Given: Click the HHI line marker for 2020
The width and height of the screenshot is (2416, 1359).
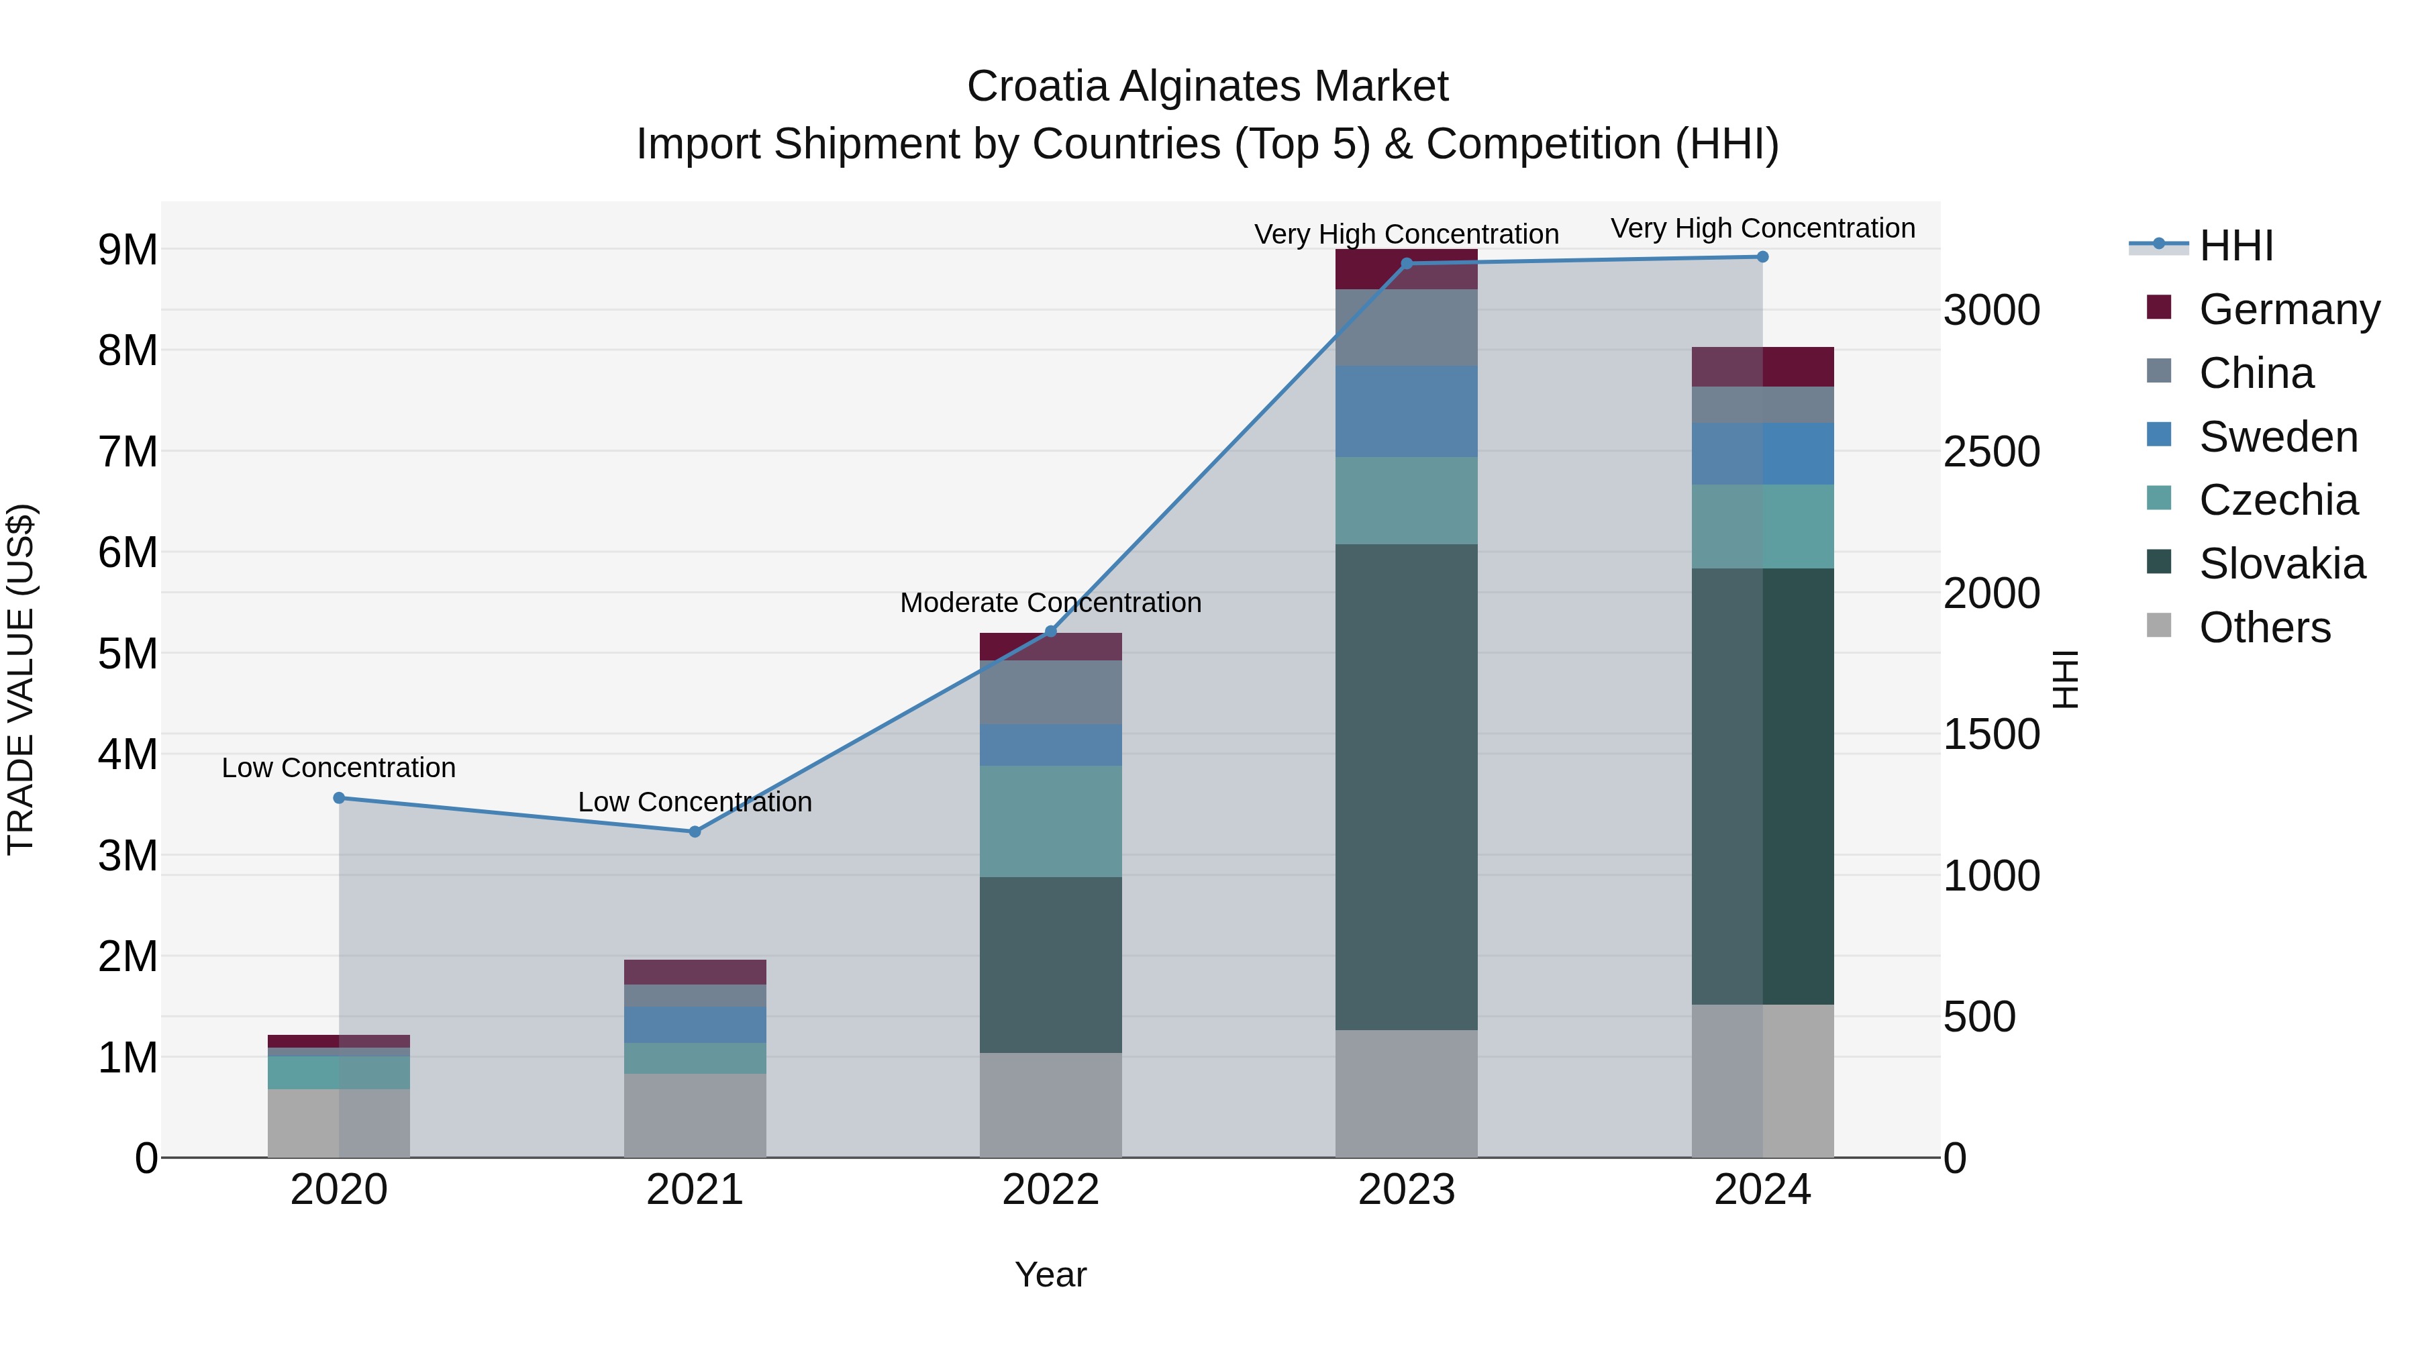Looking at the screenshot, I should tap(340, 798).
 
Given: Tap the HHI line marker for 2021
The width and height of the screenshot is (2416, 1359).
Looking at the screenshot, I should tap(695, 832).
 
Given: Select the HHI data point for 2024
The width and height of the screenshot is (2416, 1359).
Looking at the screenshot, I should tap(1762, 257).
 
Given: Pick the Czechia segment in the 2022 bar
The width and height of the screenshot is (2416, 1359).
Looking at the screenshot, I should tap(1050, 821).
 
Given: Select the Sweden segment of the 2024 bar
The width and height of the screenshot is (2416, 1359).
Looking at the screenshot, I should tap(1762, 453).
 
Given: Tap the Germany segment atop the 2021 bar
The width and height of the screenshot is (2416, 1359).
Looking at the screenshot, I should tap(695, 972).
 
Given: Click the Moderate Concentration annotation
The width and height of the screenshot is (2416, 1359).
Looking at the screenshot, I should tap(1050, 603).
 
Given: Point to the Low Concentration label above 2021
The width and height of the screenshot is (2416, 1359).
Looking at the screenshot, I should tap(695, 803).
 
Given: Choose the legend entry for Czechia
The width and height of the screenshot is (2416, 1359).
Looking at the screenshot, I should tap(2277, 500).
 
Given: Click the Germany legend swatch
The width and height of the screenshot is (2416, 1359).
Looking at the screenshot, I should tap(2158, 307).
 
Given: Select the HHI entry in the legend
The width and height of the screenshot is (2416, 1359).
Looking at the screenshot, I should tap(2236, 246).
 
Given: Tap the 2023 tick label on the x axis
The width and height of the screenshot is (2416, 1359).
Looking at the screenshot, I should tap(1406, 1190).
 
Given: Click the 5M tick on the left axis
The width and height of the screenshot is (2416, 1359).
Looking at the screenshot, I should tap(128, 654).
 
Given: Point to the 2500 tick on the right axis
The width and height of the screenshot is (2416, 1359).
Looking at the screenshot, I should tap(1991, 452).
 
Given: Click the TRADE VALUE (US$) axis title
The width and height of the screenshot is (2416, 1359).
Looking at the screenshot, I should tap(21, 679).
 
